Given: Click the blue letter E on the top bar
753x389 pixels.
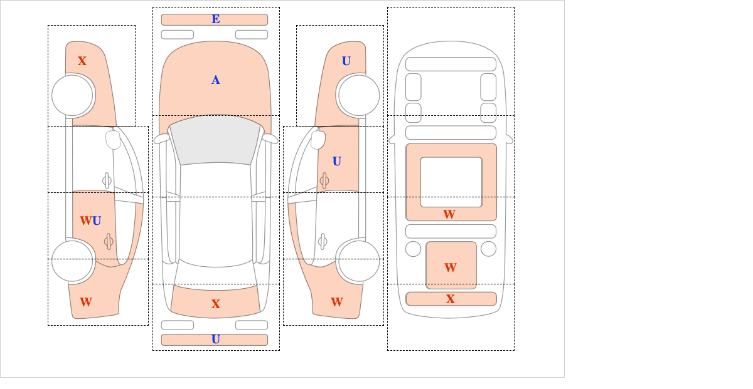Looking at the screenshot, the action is (216, 19).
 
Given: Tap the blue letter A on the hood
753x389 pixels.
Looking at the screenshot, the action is (216, 80).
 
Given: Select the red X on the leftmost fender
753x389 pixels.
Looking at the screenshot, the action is (82, 61).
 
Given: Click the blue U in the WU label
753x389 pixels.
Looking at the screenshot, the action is (97, 221).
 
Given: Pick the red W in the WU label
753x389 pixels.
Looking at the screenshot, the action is (86, 221).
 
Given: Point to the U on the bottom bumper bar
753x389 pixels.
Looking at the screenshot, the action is (216, 340).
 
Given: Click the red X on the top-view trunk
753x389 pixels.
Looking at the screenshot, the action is (216, 304).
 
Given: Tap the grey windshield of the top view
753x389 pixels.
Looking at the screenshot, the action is (215, 140).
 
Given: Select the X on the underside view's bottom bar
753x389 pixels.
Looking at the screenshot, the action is (451, 299).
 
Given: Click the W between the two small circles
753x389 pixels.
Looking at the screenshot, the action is (451, 267).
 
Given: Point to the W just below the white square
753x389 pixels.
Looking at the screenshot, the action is (449, 214).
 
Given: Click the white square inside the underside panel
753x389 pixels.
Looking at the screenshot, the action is (451, 182).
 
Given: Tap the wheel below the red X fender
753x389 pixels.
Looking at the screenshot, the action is (72, 96).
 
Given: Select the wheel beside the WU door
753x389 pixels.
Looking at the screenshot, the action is (72, 261).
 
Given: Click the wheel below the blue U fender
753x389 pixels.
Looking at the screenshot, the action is (359, 96).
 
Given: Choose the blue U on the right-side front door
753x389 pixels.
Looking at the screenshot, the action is (337, 162).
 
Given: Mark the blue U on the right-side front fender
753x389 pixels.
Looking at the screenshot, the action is (346, 61).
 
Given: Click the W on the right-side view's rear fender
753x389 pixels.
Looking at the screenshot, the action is (337, 302).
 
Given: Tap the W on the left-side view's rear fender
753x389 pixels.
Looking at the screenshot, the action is (86, 302).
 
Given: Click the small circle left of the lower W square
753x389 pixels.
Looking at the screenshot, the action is (413, 249).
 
